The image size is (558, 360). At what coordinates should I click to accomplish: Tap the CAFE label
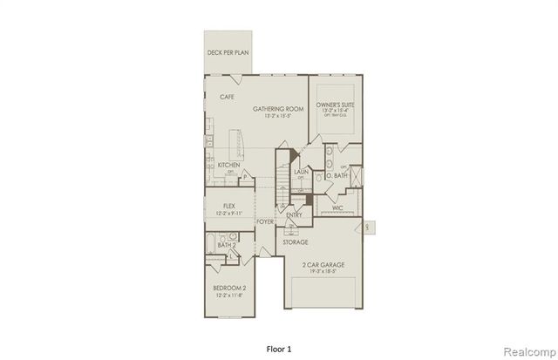click(228, 97)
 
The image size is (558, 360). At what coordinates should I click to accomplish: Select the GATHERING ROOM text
click(278, 109)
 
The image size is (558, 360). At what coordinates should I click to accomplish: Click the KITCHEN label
click(229, 165)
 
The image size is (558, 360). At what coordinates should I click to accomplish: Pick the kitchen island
click(235, 144)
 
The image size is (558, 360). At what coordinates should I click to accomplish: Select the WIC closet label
click(337, 207)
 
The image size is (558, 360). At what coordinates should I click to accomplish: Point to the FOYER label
click(265, 222)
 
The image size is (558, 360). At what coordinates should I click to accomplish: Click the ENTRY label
click(294, 216)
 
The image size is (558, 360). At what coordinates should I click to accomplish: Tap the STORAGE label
click(295, 242)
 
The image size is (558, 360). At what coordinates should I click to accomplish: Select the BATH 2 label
click(226, 247)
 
